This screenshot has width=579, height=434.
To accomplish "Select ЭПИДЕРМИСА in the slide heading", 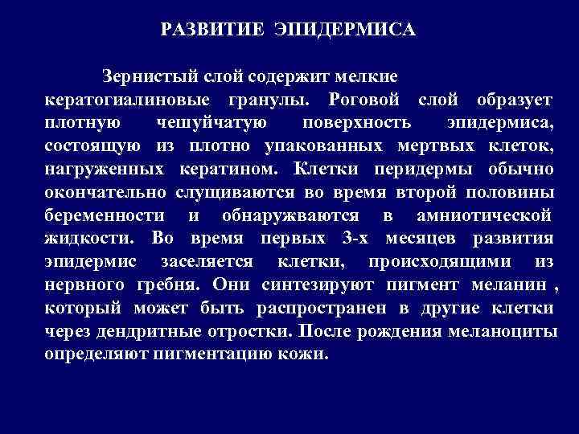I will [343, 31].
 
